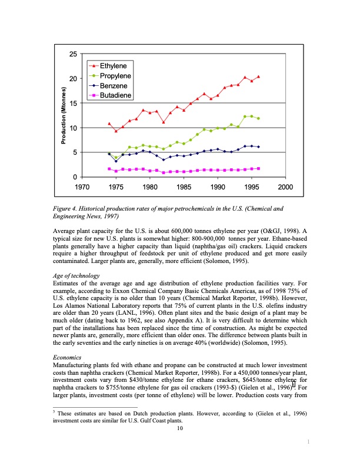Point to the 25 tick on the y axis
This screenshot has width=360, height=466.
point(73,54)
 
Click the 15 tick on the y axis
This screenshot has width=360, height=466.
point(73,104)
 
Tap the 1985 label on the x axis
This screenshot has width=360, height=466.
point(184,187)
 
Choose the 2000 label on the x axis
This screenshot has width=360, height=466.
point(286,187)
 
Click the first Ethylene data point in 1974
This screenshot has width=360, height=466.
point(109,124)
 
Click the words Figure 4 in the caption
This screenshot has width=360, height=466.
point(66,208)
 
